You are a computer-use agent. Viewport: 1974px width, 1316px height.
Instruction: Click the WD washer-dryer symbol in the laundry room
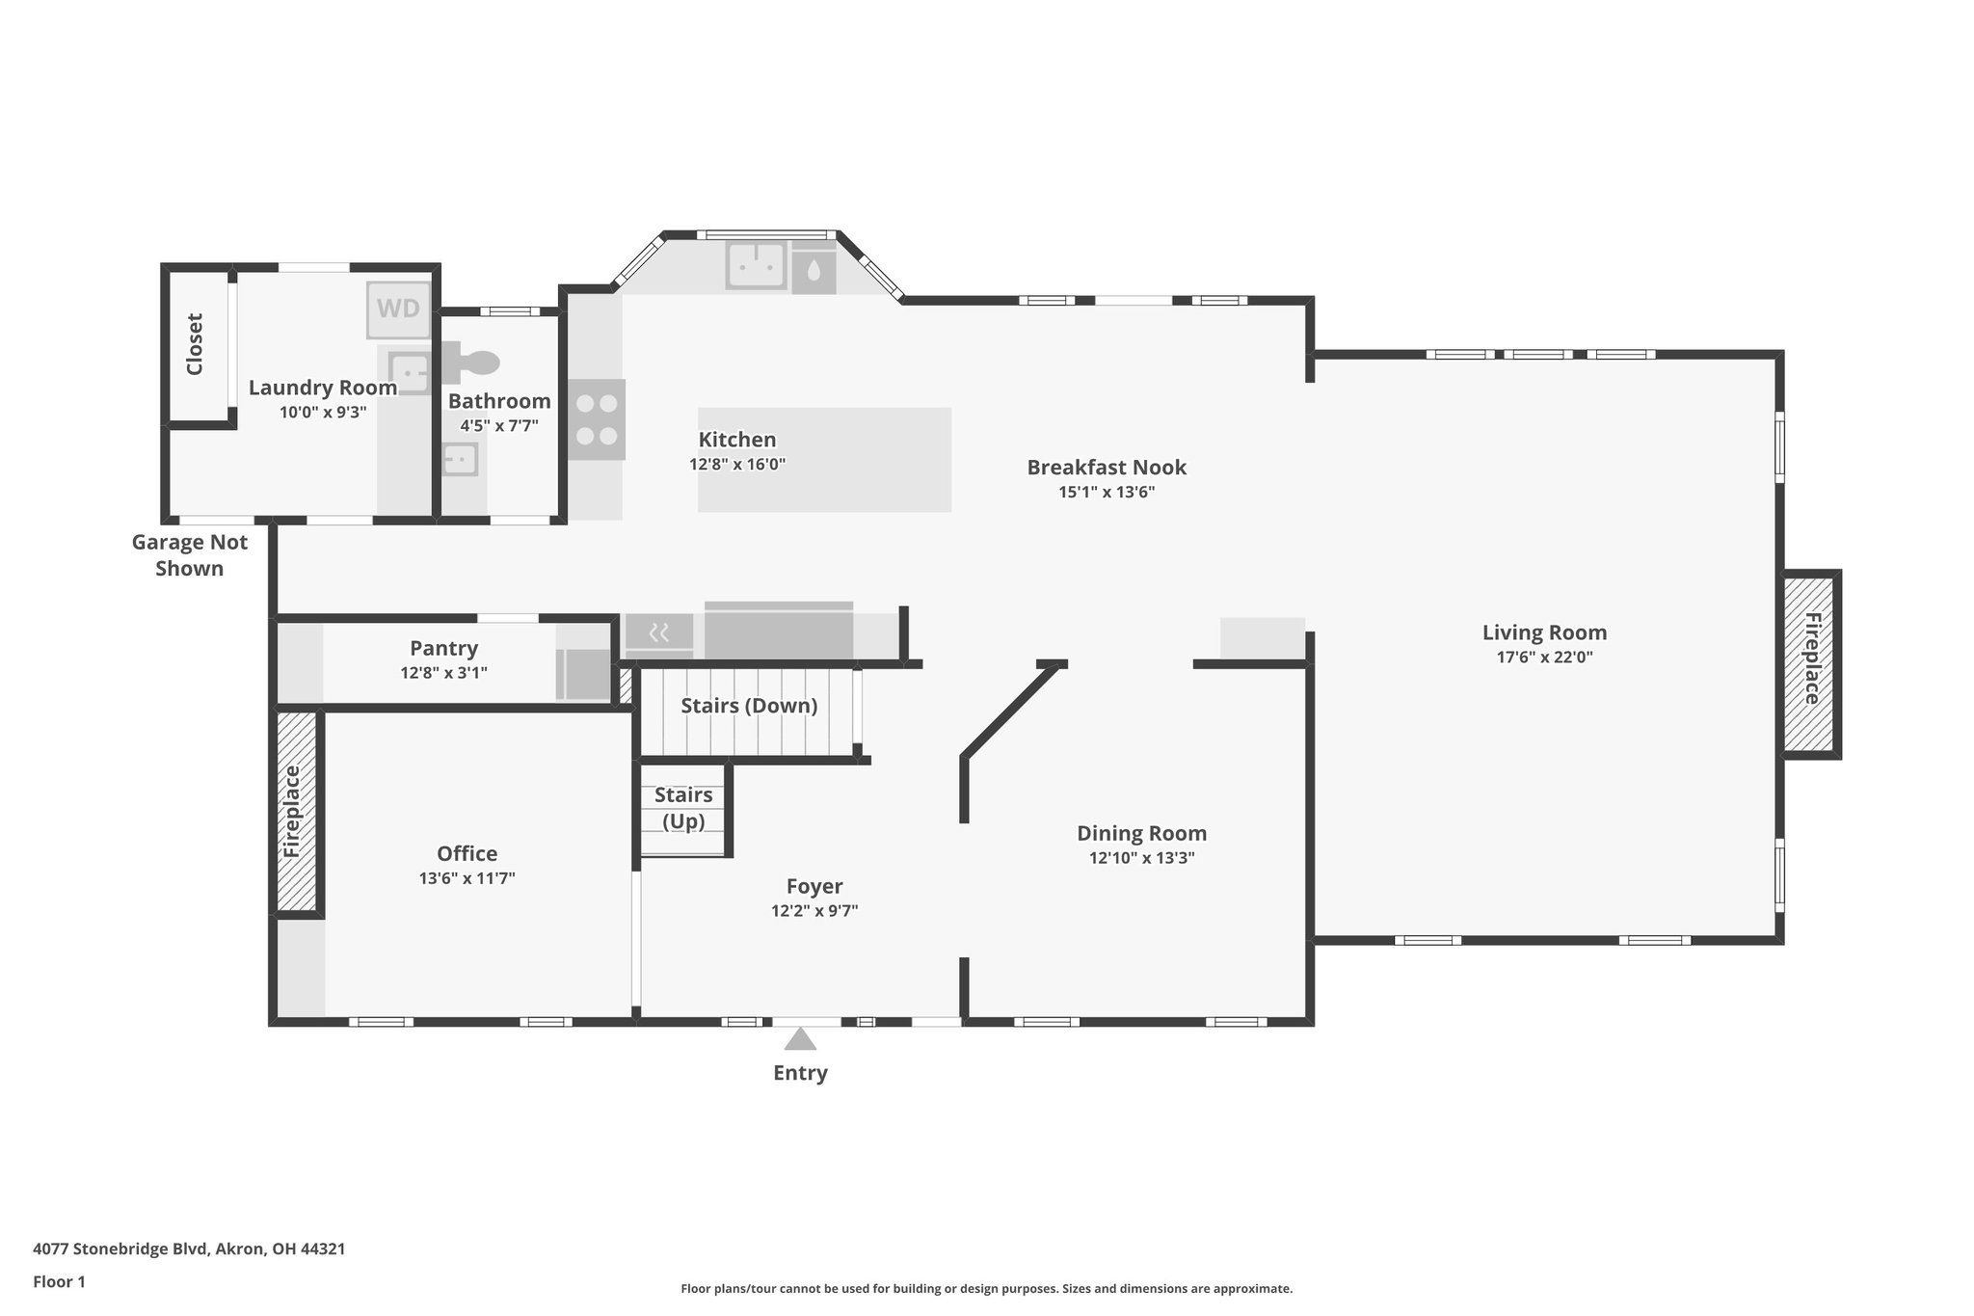[x=398, y=309]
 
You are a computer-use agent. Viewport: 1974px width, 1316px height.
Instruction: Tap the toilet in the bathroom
[x=475, y=363]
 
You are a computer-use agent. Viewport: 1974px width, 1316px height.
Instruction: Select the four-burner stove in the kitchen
[x=596, y=419]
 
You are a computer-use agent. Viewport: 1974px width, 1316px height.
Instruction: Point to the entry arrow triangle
[x=800, y=1039]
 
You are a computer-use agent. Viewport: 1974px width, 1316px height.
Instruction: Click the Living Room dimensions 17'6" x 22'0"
[x=1544, y=658]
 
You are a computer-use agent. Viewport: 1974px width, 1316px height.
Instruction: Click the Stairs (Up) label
[x=683, y=808]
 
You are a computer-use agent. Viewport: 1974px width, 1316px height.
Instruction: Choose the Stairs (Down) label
[x=749, y=706]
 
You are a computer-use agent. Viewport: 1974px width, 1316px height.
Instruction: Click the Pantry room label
[x=443, y=648]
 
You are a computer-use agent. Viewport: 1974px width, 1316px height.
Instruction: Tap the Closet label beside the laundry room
[x=195, y=344]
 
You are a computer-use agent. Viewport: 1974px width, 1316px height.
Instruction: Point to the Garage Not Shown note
[x=190, y=555]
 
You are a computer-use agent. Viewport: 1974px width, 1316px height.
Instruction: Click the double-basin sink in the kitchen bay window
[x=757, y=265]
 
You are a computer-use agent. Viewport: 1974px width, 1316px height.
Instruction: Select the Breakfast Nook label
[x=1107, y=468]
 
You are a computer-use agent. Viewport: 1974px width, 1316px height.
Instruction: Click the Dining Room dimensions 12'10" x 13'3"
[x=1141, y=858]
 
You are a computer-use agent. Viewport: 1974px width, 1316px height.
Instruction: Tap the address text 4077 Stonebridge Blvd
[x=189, y=1249]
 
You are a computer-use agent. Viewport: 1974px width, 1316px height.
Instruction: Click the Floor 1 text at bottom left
[x=59, y=1282]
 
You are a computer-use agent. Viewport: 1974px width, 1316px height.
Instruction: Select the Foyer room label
[x=814, y=886]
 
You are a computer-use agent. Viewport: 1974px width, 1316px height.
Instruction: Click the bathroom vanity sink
[x=460, y=459]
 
